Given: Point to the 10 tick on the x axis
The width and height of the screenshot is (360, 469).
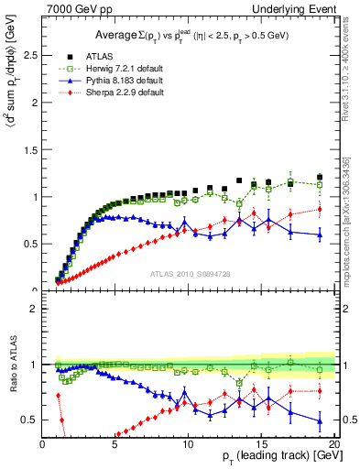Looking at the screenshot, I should (x=188, y=444).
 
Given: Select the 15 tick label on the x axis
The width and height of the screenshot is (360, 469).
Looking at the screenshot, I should (x=261, y=444).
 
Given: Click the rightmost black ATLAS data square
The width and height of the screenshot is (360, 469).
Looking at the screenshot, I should (x=319, y=177).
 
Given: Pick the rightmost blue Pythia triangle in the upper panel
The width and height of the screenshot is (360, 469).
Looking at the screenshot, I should (x=319, y=235).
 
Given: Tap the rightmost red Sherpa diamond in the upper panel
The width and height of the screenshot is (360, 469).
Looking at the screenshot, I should (x=319, y=209).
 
